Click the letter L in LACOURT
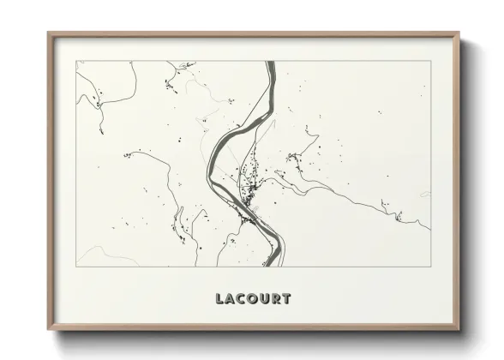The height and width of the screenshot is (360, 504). tap(220, 299)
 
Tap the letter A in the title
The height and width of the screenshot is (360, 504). tap(231, 299)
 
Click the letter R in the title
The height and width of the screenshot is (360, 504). tap(276, 299)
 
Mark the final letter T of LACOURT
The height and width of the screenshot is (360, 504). tap(286, 299)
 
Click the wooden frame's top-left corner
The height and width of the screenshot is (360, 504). tap(49, 33)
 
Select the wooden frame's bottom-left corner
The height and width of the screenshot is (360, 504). tap(49, 329)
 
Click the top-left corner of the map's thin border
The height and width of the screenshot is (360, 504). tap(76, 61)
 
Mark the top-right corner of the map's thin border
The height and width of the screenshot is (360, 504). tap(430, 61)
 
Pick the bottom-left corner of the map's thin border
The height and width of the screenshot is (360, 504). tap(76, 266)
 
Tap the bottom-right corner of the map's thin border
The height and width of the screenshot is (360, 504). tap(430, 266)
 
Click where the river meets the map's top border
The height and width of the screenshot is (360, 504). tap(270, 61)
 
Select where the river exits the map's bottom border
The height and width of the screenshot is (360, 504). tap(271, 266)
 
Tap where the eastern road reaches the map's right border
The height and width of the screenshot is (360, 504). tap(429, 230)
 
